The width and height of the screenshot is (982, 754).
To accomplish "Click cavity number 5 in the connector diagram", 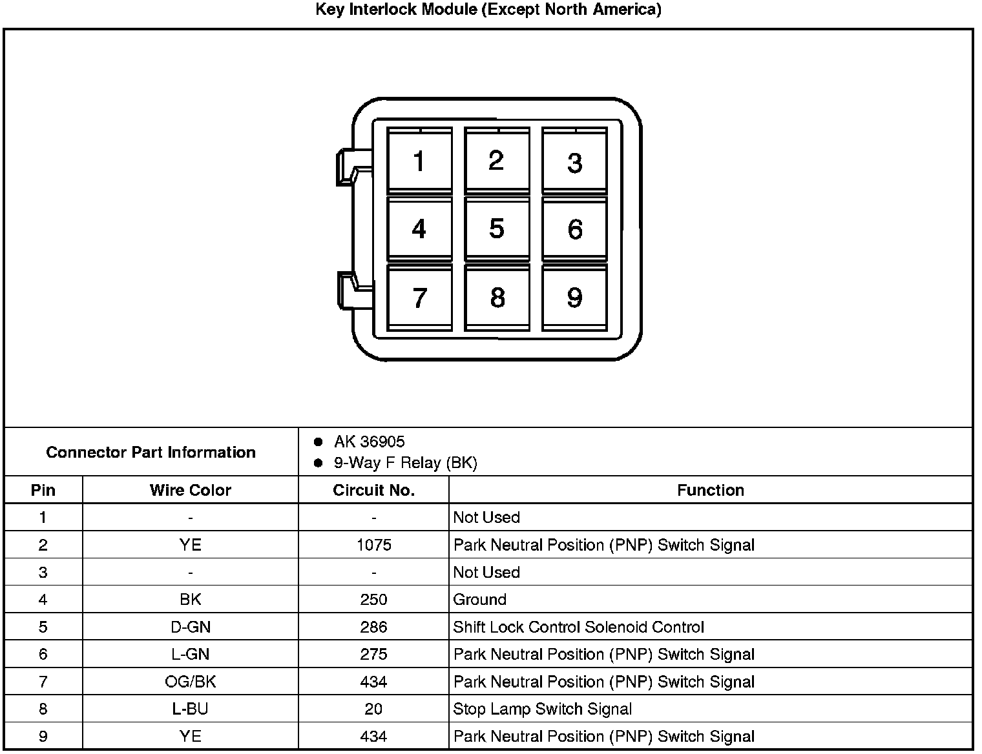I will point(496,229).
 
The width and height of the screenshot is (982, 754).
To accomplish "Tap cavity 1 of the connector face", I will point(419,161).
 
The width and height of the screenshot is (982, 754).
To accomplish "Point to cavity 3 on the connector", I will point(574,162).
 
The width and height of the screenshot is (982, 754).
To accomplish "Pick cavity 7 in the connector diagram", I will point(419,298).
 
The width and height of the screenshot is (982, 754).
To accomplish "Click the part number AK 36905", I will point(369,442).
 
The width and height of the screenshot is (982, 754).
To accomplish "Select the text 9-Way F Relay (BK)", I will point(405,463).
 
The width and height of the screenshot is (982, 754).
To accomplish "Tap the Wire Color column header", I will point(190,490).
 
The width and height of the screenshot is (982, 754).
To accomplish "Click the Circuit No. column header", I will point(373,490).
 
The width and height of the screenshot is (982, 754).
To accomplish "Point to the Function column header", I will point(710,490).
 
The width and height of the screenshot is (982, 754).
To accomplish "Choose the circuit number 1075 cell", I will point(373,545).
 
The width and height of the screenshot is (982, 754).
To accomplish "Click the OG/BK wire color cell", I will point(190,682).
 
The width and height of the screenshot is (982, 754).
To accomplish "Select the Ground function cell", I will point(479,600).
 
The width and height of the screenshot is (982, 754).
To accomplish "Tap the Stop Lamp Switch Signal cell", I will point(542,709).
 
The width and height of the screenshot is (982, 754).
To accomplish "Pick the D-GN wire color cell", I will point(190,627).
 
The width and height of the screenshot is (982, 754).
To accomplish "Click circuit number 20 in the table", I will point(373,709).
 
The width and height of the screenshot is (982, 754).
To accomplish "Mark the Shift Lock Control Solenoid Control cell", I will point(578,627).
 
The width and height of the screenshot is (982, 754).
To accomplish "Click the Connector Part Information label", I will point(151,452).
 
